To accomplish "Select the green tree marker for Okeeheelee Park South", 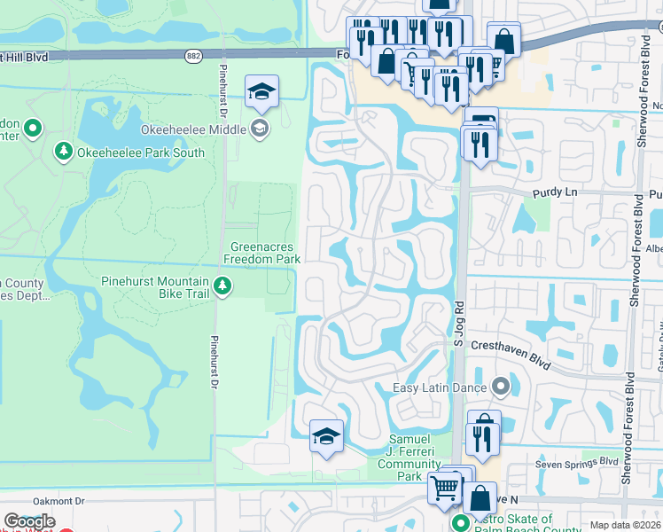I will click(64, 153).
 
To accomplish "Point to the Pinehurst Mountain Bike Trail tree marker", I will click(223, 285).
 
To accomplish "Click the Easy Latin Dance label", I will click(440, 387).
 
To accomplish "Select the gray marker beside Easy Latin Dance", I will click(501, 387).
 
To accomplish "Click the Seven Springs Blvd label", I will click(576, 462).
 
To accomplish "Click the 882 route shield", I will click(193, 55).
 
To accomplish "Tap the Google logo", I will click(29, 521).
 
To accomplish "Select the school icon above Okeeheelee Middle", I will click(261, 91).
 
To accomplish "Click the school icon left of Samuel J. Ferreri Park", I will click(326, 436).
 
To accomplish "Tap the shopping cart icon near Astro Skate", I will click(444, 486).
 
